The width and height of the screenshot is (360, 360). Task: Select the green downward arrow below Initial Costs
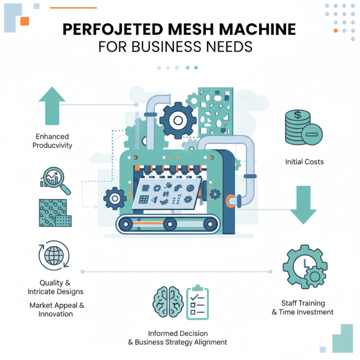coord(304,205)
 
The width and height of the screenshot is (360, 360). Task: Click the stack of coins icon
coord(301,127)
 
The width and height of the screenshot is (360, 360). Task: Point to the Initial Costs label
coord(304,162)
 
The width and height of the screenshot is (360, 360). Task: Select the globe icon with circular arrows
coord(54,255)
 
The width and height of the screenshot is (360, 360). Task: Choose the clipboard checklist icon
coord(197,302)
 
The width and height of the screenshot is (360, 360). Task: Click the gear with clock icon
coord(304,266)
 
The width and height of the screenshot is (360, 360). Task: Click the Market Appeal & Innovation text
coord(57,310)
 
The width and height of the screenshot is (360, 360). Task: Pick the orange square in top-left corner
coord(24,21)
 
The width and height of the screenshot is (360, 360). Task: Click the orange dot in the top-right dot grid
coord(335,31)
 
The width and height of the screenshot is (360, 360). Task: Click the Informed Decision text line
coord(178,333)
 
